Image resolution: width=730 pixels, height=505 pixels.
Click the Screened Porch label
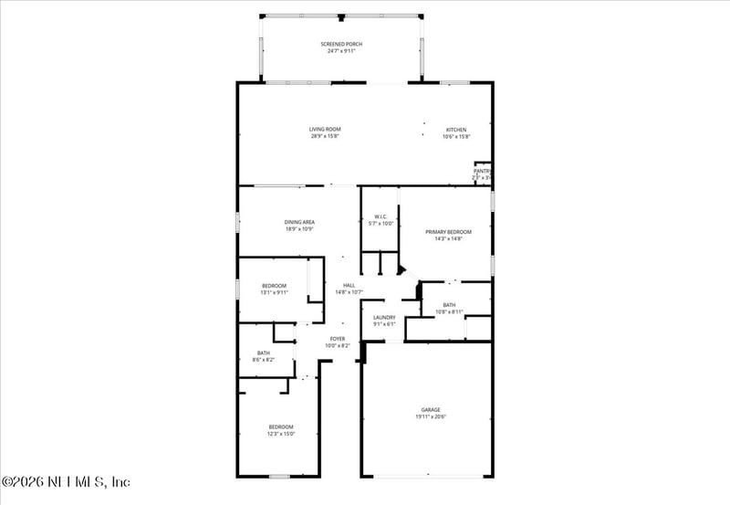[340, 44]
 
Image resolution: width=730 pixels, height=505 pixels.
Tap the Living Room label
[325, 130]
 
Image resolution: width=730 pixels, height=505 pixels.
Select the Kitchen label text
[456, 130]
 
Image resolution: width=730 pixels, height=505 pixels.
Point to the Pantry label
[482, 171]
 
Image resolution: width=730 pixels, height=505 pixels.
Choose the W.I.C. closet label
[381, 216]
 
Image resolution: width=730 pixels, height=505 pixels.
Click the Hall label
[349, 286]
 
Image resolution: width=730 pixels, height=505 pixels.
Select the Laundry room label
[384, 318]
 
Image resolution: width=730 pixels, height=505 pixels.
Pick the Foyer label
[338, 339]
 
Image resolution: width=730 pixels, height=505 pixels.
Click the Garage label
[432, 410]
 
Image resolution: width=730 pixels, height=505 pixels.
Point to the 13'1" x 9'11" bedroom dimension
[275, 293]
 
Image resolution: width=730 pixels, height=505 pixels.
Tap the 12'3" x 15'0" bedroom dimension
[281, 435]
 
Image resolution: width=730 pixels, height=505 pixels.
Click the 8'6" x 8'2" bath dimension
[264, 360]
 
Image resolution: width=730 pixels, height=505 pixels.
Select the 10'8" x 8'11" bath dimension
[449, 312]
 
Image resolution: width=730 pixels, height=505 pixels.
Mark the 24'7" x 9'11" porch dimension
[340, 51]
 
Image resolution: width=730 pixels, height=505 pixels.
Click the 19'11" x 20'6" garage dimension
[432, 417]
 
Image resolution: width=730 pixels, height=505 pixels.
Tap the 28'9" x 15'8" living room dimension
[325, 137]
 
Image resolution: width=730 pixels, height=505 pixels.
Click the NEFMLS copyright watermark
[66, 481]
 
